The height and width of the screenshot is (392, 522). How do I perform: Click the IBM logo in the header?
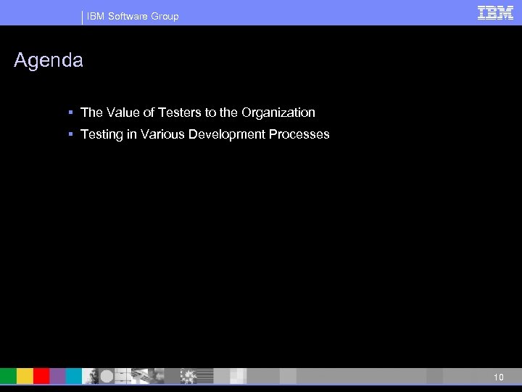[496, 13]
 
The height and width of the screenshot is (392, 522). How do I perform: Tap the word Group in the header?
[165, 16]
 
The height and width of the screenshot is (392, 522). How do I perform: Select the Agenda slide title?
[49, 61]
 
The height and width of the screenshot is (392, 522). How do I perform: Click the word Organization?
[279, 113]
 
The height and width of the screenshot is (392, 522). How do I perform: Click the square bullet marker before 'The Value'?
[72, 113]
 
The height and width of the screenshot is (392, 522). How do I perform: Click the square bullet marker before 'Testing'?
[72, 134]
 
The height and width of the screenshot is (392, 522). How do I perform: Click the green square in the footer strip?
[8, 376]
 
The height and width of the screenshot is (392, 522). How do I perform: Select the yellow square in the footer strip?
[25, 376]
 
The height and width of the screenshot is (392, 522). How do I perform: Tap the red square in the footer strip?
[41, 376]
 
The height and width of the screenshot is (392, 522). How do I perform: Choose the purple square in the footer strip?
[58, 376]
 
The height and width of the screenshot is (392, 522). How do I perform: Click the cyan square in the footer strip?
[74, 376]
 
